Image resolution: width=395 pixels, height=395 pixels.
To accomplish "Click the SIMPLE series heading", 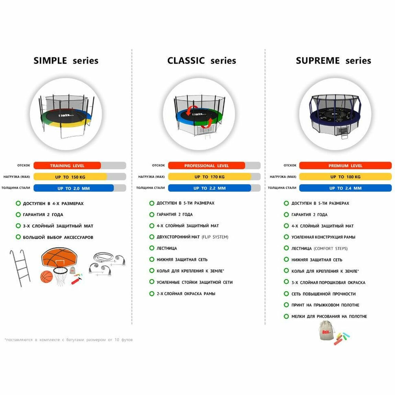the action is (66, 61).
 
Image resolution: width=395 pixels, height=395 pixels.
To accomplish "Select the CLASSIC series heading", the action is (202, 61).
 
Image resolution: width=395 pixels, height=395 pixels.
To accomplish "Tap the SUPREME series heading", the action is (333, 61).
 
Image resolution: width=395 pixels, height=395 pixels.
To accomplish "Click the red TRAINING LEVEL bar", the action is (67, 166).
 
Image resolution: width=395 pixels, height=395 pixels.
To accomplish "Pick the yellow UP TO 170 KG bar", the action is (209, 177).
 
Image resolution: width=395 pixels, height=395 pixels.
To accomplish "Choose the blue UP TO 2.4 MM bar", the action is (345, 188).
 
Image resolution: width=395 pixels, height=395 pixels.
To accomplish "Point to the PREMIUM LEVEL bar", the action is (345, 166).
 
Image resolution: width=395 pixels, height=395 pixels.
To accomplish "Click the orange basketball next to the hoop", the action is (46, 277).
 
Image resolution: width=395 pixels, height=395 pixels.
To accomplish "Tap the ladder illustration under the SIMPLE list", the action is (20, 268).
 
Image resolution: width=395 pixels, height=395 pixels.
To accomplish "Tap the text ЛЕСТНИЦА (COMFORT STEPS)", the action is (319, 248).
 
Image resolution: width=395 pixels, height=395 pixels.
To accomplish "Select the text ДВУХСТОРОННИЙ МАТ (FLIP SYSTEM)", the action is (192, 237).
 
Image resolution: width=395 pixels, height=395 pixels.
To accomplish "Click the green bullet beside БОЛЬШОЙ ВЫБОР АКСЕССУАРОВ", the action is (18, 237).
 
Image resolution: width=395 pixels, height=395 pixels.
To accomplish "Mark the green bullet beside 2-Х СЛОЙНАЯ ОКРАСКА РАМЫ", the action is (152, 294).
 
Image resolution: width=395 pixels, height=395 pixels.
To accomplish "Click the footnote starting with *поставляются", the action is (69, 340).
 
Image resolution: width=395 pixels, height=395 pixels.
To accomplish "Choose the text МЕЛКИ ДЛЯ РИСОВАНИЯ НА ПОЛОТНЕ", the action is (329, 316).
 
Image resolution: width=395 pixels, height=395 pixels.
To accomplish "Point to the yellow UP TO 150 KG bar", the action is (70, 177).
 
